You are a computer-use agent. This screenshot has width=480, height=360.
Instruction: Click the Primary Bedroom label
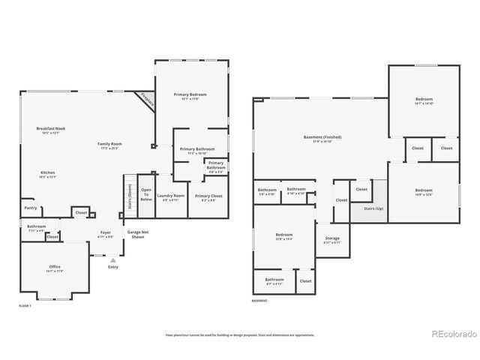[190, 95]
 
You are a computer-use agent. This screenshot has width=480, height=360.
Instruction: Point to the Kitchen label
[47, 173]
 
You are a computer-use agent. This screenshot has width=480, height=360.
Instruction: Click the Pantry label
[30, 208]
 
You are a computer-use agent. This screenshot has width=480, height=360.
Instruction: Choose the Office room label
[55, 268]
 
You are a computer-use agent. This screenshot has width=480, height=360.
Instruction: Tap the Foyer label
[106, 234]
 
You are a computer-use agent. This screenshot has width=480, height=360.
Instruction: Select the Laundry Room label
[170, 198]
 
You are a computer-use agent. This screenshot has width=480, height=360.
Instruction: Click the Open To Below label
[146, 194]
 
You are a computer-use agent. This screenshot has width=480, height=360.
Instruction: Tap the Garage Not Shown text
[137, 235]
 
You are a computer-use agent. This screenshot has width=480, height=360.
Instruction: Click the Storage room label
[332, 240]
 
